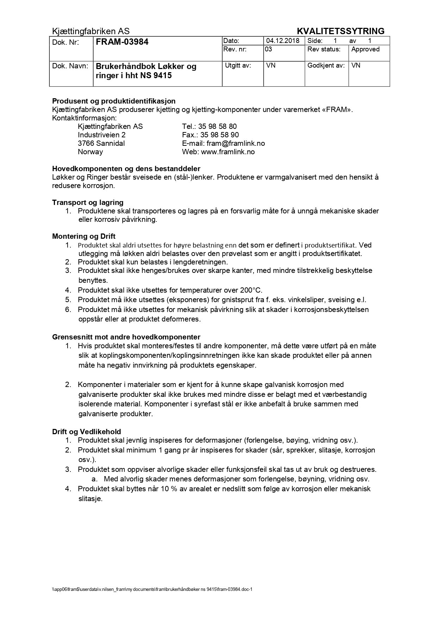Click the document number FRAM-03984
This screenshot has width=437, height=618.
(x=122, y=42)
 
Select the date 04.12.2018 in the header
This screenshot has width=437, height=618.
(x=282, y=41)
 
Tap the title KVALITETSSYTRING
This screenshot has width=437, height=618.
(x=341, y=31)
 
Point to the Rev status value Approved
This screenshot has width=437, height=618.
(x=365, y=49)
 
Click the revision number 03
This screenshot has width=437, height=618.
(x=268, y=49)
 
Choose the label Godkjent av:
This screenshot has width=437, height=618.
(x=326, y=65)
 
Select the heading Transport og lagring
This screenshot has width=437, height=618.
(x=88, y=202)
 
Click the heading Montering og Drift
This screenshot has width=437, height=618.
(x=84, y=236)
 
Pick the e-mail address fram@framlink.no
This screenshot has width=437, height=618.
(x=236, y=143)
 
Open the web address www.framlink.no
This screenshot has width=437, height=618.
(x=227, y=152)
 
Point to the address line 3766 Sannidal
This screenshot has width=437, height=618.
(x=101, y=143)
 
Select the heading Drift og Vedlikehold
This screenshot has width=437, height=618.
(x=86, y=432)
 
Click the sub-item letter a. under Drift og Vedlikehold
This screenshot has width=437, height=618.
(x=94, y=479)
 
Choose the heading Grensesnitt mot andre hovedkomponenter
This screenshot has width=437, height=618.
(x=126, y=337)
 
